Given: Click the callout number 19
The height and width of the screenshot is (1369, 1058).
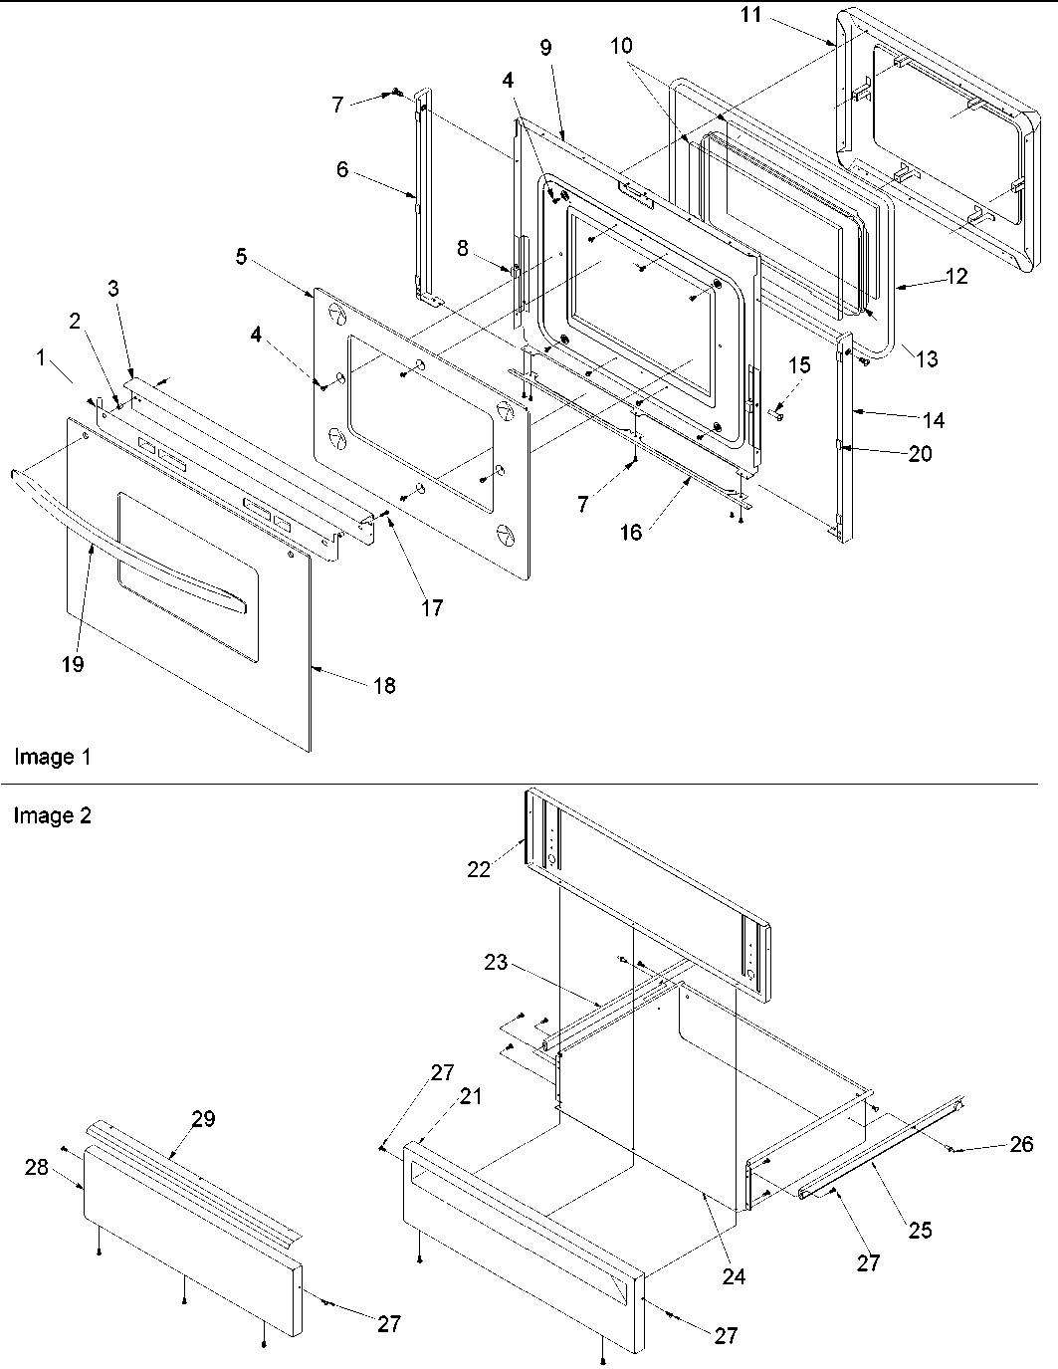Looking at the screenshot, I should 72,664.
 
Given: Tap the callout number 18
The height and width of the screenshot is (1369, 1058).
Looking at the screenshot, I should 383,685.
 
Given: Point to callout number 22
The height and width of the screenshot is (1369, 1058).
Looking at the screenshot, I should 480,868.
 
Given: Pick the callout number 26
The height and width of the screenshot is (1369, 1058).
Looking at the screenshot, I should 1021,1144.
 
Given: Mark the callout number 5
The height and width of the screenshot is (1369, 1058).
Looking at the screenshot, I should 242,257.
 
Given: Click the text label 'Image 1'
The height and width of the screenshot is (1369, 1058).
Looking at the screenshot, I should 52,758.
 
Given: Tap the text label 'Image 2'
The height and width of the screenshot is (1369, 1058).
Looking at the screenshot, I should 52,816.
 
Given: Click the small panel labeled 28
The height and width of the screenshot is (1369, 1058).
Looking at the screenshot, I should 189,1235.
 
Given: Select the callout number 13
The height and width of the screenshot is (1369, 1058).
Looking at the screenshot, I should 926,358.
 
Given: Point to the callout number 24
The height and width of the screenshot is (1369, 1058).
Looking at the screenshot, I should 734,1276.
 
